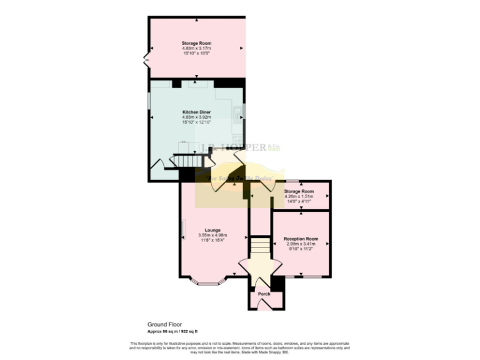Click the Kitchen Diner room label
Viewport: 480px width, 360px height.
[x=196, y=111]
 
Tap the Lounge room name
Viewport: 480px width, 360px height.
[x=211, y=230]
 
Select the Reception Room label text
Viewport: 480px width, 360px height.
[x=301, y=239]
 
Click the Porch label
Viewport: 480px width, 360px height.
[x=264, y=294]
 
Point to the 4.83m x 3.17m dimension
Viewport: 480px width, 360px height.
[x=196, y=48]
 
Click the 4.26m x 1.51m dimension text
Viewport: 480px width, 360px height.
[x=298, y=197]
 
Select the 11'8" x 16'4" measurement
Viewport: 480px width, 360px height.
[x=211, y=240]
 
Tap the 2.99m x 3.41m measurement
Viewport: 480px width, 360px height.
[x=301, y=244]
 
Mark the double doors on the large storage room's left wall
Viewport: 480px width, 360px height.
[x=146, y=61]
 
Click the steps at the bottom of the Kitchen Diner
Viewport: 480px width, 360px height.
[x=186, y=162]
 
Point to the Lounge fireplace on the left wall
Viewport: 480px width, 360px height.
[x=182, y=229]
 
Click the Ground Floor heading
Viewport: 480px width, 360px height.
[x=164, y=325]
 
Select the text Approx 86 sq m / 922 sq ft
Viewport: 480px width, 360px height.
[x=176, y=331]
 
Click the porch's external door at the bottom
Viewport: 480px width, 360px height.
[x=264, y=305]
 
